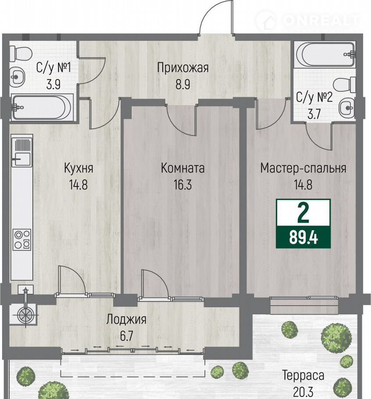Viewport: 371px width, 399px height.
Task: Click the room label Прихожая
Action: (x=183, y=68)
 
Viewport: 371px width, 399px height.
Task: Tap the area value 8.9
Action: (x=183, y=85)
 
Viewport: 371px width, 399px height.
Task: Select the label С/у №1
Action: (x=53, y=68)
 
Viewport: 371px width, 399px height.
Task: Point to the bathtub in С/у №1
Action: (x=42, y=107)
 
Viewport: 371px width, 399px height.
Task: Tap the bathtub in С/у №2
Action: (x=325, y=54)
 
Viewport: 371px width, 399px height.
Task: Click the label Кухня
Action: (x=78, y=168)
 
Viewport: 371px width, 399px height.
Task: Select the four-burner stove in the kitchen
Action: (x=22, y=239)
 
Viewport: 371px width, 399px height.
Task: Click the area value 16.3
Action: (x=182, y=185)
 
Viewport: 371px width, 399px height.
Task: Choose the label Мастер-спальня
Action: (x=303, y=168)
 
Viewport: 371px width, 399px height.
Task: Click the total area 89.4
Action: (x=303, y=238)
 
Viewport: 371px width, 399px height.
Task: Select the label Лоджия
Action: (x=126, y=320)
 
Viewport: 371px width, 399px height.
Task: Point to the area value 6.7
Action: (x=126, y=336)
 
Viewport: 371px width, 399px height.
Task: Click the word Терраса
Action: (x=303, y=376)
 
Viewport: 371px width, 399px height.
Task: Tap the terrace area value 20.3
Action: (x=303, y=392)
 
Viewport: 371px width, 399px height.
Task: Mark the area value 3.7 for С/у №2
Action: (x=314, y=114)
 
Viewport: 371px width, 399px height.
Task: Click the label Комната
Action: (x=183, y=168)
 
